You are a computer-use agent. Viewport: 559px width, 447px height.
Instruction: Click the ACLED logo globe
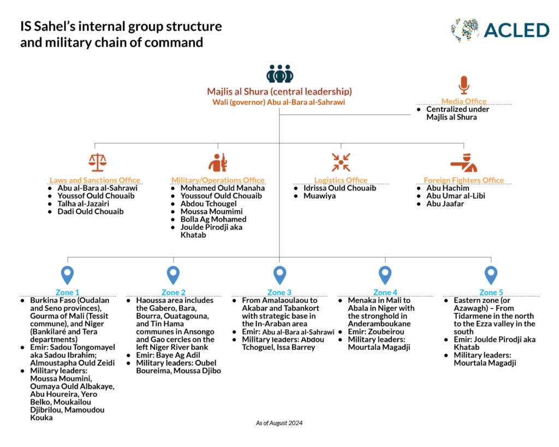click(465, 31)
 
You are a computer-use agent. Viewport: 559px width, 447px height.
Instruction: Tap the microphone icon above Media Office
click(463, 85)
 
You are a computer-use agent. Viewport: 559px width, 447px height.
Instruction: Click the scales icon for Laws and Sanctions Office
click(98, 163)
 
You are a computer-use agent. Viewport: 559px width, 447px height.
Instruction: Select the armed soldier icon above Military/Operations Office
click(218, 163)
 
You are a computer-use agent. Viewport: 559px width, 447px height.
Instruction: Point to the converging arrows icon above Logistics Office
click(341, 163)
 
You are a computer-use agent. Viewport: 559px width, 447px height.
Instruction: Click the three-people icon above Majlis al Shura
click(279, 74)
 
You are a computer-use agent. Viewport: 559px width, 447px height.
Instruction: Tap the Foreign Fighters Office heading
click(463, 180)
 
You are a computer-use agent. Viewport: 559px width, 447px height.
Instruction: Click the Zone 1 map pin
click(67, 275)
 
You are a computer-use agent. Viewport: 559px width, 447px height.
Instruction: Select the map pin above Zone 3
click(279, 275)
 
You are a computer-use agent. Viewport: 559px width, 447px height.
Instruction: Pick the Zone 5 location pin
click(491, 275)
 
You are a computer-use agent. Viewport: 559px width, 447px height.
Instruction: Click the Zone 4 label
click(385, 293)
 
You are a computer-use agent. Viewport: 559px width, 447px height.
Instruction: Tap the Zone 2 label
click(174, 293)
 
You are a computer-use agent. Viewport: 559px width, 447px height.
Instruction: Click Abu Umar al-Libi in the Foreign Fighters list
click(455, 196)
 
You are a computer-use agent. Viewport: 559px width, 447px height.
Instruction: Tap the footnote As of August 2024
click(279, 423)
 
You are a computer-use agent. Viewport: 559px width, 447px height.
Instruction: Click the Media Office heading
click(463, 101)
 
